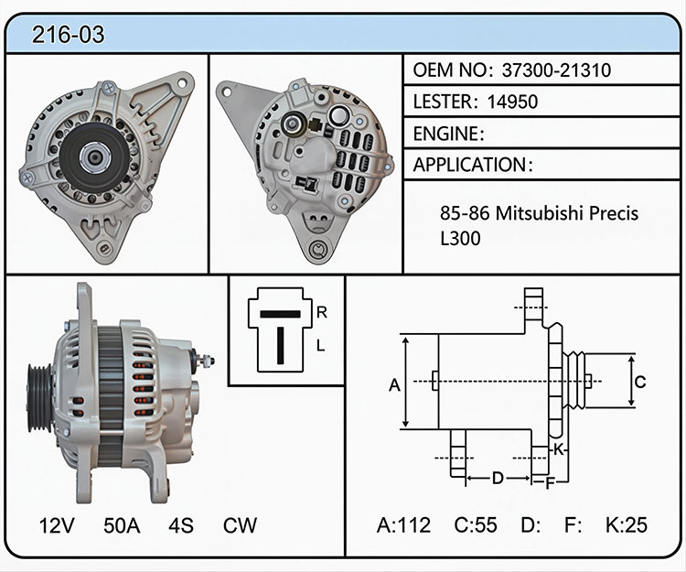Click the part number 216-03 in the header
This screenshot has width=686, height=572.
pyautogui.click(x=69, y=35)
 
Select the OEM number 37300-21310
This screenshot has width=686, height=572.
pyautogui.click(x=556, y=70)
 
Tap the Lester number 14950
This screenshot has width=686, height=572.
pyautogui.click(x=512, y=102)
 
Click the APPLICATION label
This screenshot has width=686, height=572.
pyautogui.click(x=470, y=165)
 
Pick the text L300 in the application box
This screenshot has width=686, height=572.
pyautogui.click(x=460, y=238)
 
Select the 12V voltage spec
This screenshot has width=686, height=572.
pyautogui.click(x=57, y=525)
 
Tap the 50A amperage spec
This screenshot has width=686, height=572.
pyautogui.click(x=122, y=525)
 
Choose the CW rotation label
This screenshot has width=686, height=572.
pyautogui.click(x=240, y=525)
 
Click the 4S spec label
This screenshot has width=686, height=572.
pyautogui.click(x=181, y=525)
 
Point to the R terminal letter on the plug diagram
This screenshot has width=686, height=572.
pyautogui.click(x=322, y=312)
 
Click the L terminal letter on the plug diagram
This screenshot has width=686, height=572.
pyautogui.click(x=321, y=346)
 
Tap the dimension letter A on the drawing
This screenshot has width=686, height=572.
pyautogui.click(x=394, y=385)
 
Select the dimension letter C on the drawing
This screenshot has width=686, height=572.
pyautogui.click(x=640, y=382)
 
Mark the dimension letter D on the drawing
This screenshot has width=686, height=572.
pyautogui.click(x=498, y=478)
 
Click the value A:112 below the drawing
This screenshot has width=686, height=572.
pyautogui.click(x=403, y=524)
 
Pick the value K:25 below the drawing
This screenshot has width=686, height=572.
pyautogui.click(x=626, y=524)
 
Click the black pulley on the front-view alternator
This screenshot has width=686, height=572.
pyautogui.click(x=94, y=157)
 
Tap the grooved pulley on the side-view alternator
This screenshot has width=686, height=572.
pyautogui.click(x=39, y=397)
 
